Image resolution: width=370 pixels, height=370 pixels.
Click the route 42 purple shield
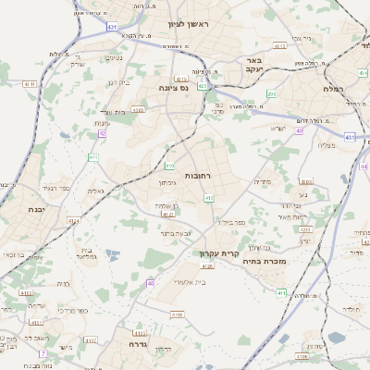102,134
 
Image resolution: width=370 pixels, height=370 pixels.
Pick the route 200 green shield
271,93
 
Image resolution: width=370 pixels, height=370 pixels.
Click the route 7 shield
42,353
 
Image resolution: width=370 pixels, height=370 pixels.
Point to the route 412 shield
208,198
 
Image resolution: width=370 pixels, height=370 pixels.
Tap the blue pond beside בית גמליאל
112,253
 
